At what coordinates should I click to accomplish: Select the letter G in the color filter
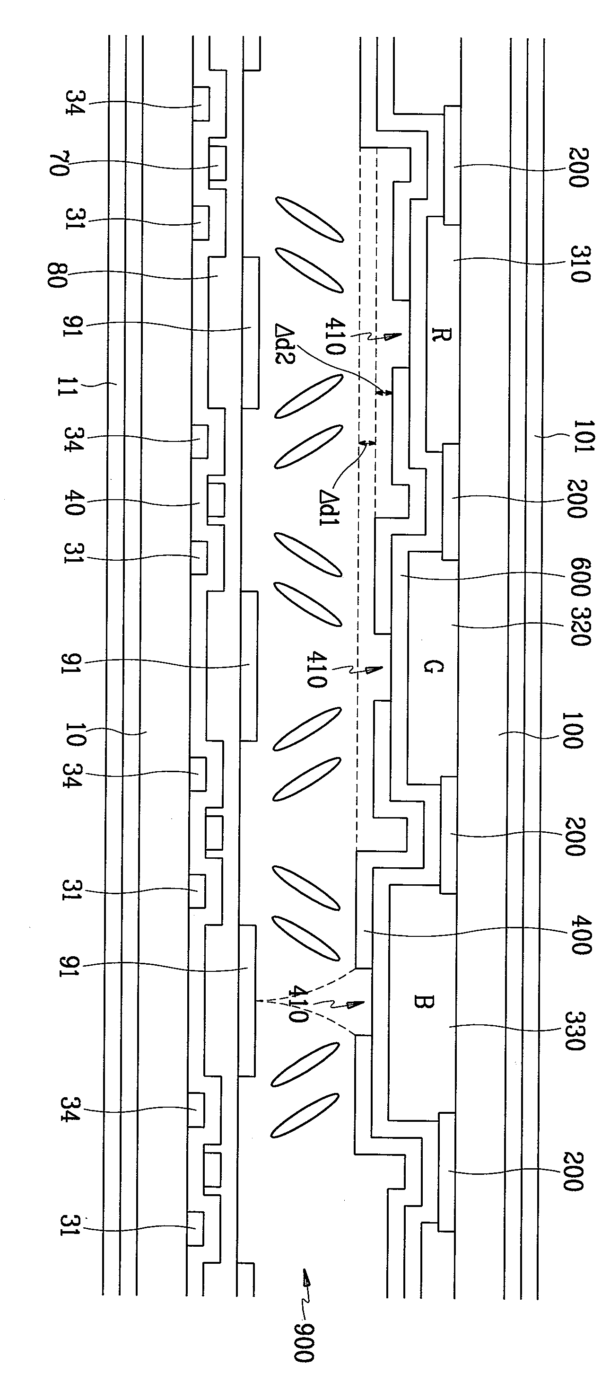click(433, 666)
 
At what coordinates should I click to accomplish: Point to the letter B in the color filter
click(425, 1002)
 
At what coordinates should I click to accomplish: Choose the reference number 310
click(580, 264)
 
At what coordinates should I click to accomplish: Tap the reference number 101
click(584, 436)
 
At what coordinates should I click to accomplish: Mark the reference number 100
click(573, 730)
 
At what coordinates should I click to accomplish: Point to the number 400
click(581, 935)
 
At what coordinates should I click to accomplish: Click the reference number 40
click(74, 500)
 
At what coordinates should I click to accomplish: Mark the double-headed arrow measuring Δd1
click(367, 442)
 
